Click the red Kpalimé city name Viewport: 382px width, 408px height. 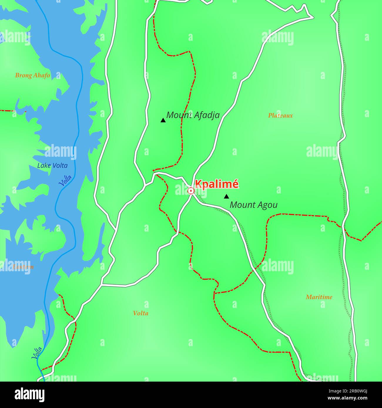(216, 184)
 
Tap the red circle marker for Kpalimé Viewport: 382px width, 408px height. (191, 191)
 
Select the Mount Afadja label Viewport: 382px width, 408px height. (193, 115)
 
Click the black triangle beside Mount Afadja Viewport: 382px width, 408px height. (163, 120)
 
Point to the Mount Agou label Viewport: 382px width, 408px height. (253, 205)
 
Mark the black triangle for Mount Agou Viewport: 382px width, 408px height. (226, 196)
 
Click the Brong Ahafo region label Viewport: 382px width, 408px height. (32, 75)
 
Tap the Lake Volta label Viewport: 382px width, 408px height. (52, 166)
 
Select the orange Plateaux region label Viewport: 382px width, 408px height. (280, 116)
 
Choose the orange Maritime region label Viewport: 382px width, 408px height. (319, 297)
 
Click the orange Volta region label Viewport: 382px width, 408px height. (140, 313)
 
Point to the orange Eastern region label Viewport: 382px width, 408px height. (23, 267)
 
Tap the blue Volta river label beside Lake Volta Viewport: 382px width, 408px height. (66, 181)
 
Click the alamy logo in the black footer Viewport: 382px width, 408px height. (30, 395)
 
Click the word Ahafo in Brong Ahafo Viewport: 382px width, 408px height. (41, 75)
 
